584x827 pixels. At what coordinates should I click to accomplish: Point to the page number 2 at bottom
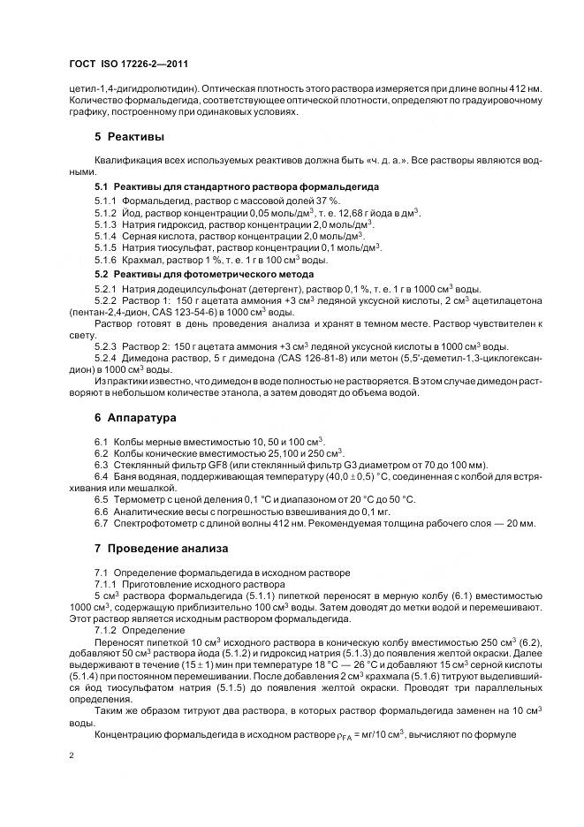coord(71,755)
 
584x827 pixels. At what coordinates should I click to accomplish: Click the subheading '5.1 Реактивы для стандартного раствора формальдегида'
coord(237,187)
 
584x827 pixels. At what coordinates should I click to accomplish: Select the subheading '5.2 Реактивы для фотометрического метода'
coord(204,274)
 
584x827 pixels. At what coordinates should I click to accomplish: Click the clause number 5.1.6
coord(106,260)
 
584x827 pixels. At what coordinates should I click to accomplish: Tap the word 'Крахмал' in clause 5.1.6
coord(141,260)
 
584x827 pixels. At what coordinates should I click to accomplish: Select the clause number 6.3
coord(101,465)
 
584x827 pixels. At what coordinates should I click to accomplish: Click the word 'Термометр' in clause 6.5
coord(138,499)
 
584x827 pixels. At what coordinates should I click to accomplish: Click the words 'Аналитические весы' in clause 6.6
coord(161,512)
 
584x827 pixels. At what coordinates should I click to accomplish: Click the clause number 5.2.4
coord(106,356)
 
